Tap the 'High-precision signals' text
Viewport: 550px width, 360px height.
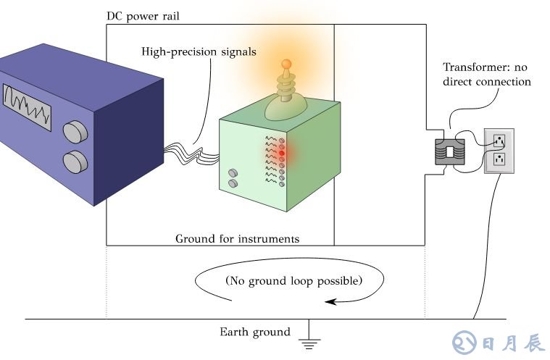point(199,52)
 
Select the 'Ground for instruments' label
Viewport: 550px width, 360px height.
point(237,238)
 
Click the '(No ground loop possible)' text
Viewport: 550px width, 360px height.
point(293,280)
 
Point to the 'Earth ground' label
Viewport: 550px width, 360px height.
point(254,332)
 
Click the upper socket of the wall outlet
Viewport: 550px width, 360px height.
point(499,140)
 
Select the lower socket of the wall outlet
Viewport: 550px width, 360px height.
point(499,157)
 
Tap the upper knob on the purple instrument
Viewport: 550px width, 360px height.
point(73,132)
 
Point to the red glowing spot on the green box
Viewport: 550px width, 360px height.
point(281,153)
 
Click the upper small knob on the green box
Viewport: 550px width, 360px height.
point(233,173)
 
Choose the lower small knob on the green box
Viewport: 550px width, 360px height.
point(233,183)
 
